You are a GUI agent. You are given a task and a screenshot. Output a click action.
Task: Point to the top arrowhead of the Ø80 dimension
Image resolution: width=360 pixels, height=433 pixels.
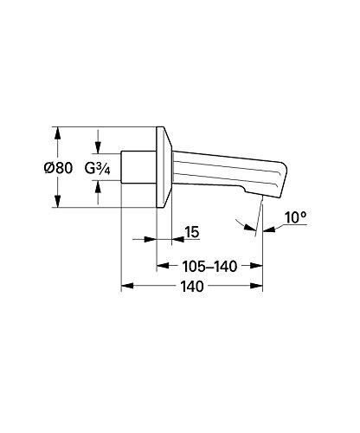[58, 132]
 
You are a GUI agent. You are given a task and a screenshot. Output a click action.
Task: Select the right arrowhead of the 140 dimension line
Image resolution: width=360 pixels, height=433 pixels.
[259, 285]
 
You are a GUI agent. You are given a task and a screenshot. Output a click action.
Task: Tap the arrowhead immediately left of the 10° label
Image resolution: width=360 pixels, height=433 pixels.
[268, 229]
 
